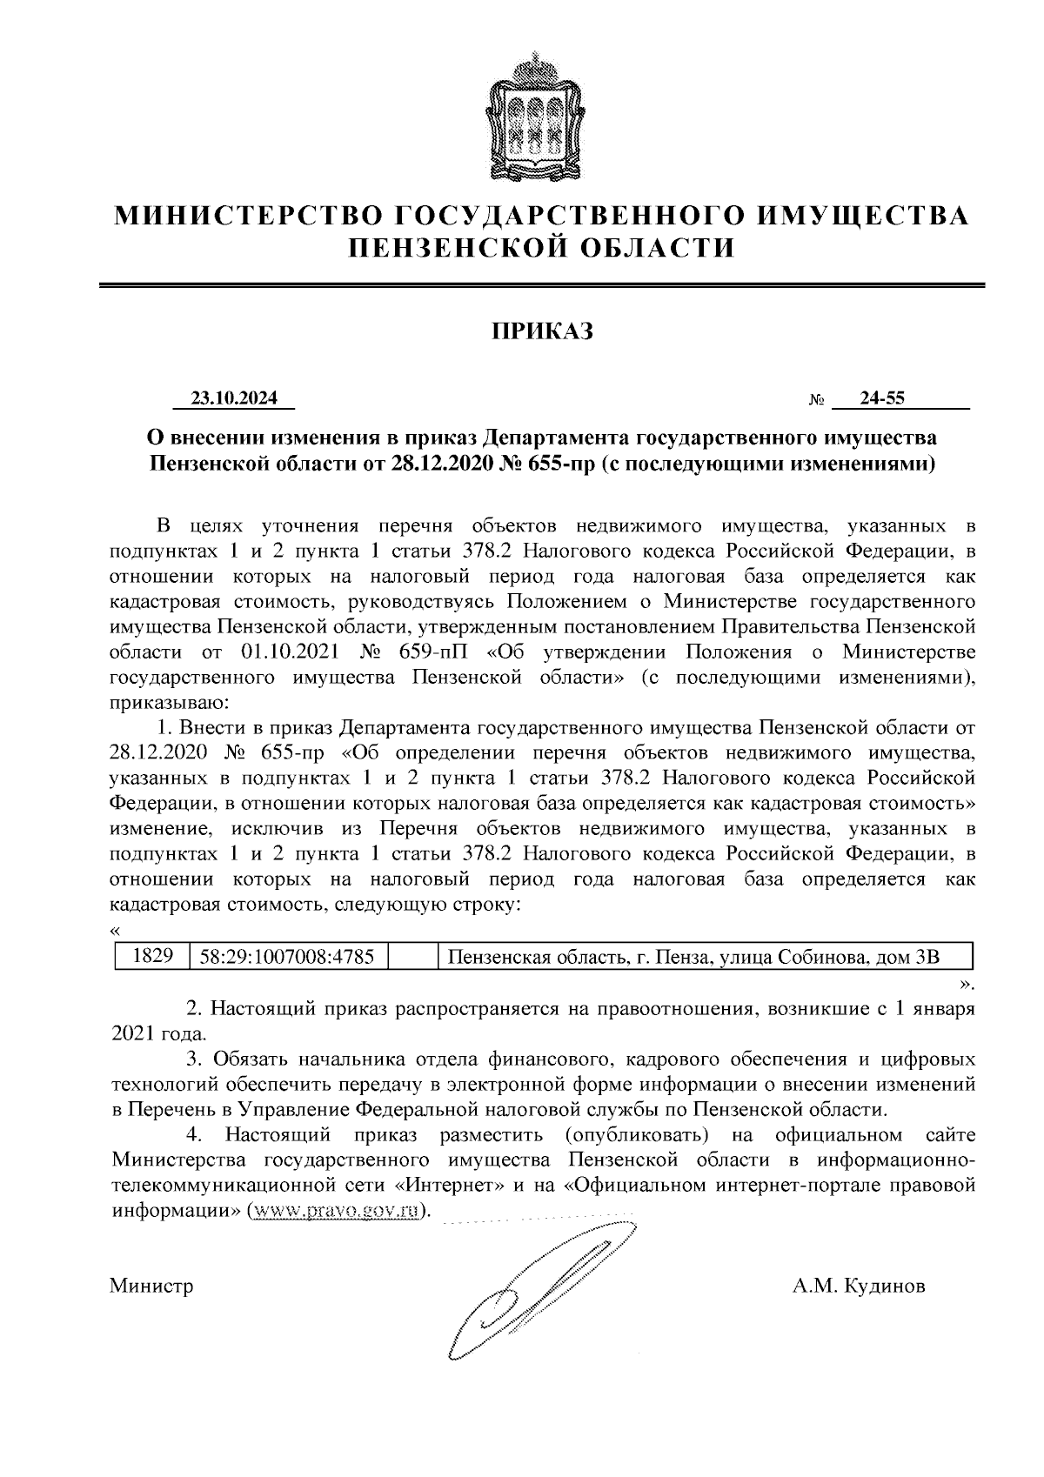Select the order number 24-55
coord(882,398)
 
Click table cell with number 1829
coord(153,957)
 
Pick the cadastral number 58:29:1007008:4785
coord(287,957)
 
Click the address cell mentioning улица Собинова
coord(693,957)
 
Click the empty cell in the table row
coord(412,957)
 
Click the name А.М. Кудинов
coord(858,1286)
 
